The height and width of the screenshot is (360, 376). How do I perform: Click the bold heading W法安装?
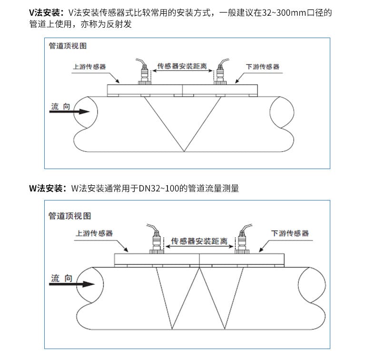coord(48,188)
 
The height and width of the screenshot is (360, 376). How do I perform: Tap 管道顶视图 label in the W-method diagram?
coord(69,216)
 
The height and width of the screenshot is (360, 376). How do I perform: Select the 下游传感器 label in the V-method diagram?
coord(263,67)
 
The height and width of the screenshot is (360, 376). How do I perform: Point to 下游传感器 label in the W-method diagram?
coord(290,233)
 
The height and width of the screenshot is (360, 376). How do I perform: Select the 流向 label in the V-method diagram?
coord(60,106)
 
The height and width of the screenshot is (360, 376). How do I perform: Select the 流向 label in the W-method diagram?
coord(61,278)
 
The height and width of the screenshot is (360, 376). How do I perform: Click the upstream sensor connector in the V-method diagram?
coord(142,74)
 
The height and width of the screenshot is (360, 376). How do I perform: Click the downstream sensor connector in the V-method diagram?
coord(221,74)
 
